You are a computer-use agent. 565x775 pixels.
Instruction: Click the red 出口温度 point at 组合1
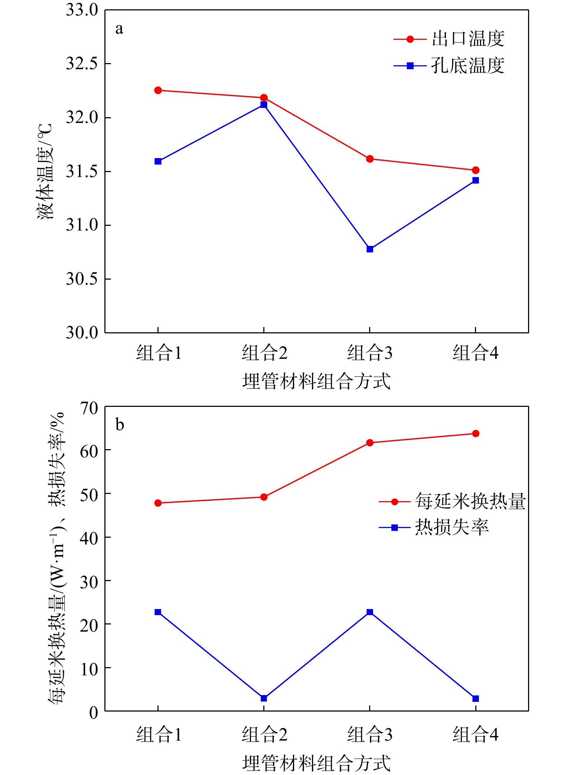158,90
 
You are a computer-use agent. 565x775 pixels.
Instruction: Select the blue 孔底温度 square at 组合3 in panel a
370,249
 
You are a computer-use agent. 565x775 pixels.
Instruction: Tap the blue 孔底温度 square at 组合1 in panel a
158,161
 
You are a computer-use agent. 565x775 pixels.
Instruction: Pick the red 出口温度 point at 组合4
476,170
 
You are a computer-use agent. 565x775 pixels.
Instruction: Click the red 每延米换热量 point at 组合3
370,443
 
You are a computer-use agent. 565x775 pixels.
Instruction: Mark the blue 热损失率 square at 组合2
264,698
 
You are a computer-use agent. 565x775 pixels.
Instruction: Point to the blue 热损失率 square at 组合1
158,612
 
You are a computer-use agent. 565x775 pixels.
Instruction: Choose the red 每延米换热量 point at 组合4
476,433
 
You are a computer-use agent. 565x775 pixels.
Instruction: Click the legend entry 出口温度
468,39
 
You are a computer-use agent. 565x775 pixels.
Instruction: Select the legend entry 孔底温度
468,66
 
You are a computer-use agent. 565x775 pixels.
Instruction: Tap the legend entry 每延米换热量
470,501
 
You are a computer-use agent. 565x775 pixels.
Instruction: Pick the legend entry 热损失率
452,527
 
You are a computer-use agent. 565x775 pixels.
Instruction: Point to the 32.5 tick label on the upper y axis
82,64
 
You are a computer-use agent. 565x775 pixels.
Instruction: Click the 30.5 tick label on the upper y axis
82,279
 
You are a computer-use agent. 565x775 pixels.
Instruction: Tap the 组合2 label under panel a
264,353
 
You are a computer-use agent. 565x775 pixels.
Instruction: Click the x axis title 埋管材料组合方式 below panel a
316,381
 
